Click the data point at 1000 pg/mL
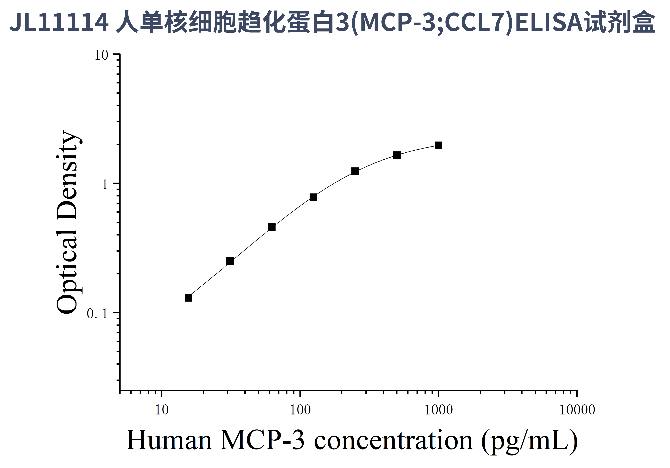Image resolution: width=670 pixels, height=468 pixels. [438, 145]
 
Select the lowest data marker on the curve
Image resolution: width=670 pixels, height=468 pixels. [189, 298]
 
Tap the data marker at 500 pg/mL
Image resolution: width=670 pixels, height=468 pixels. [396, 155]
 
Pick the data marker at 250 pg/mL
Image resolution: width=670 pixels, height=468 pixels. [355, 171]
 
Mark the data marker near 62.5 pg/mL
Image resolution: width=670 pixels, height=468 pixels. [272, 227]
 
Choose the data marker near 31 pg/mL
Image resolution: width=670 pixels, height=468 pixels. [230, 261]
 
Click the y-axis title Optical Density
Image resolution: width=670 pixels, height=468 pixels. [67, 222]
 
